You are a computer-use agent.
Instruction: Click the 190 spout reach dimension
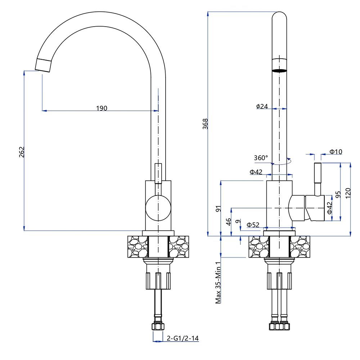click(x=102, y=108)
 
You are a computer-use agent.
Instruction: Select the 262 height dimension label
click(x=22, y=152)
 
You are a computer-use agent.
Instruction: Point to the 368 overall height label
click(x=205, y=124)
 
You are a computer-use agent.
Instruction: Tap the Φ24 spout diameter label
click(x=262, y=106)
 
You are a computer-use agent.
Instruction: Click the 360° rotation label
click(x=261, y=158)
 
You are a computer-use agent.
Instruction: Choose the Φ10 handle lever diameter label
click(x=336, y=152)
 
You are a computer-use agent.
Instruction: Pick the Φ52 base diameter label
click(x=253, y=225)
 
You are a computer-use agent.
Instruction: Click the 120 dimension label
click(x=348, y=193)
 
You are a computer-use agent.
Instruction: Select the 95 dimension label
click(x=338, y=195)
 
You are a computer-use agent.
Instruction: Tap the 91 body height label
click(x=219, y=209)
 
